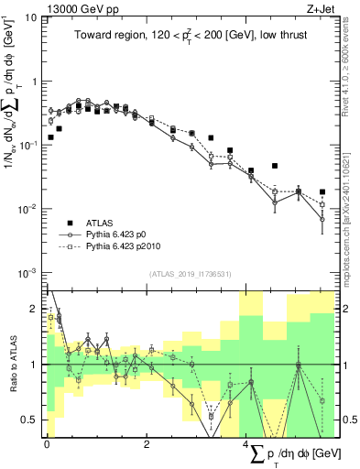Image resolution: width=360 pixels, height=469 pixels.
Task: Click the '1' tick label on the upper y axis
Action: click(38, 82)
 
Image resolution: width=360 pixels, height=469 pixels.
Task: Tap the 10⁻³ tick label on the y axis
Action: click(31, 273)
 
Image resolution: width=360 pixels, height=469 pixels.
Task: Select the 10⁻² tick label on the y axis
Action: click(31, 209)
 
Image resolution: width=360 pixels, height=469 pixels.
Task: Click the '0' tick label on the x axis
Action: click(47, 443)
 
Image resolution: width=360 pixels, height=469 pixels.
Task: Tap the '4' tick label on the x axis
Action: click(245, 443)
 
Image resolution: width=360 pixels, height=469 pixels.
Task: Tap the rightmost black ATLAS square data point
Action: click(322, 192)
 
